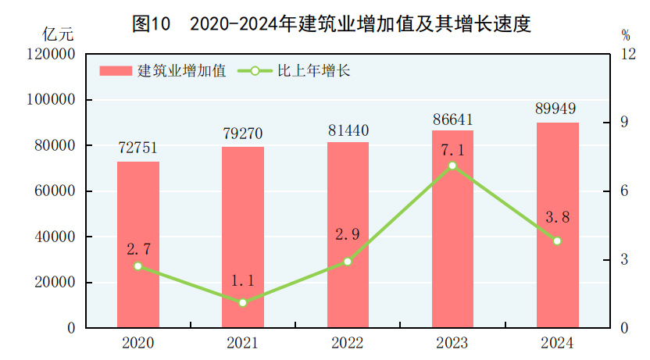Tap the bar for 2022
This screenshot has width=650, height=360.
pos(348,234)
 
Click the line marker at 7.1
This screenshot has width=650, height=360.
pos(452,166)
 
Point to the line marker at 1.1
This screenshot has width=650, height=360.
pos(243,302)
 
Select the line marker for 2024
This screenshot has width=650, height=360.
pos(557,241)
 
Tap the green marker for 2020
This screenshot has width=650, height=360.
pos(138,266)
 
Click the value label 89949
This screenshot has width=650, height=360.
pos(557,109)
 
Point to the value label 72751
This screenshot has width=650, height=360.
pos(138,148)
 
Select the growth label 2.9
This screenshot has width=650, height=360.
pos(348,234)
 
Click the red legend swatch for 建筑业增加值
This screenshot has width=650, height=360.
pos(116,71)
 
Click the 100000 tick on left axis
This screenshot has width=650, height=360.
pos(53,100)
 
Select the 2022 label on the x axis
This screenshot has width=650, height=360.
pos(348,343)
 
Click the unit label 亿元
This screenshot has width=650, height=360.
pos(59,34)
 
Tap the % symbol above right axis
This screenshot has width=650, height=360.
pos(626,35)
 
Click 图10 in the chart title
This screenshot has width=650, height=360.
pos(152,24)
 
